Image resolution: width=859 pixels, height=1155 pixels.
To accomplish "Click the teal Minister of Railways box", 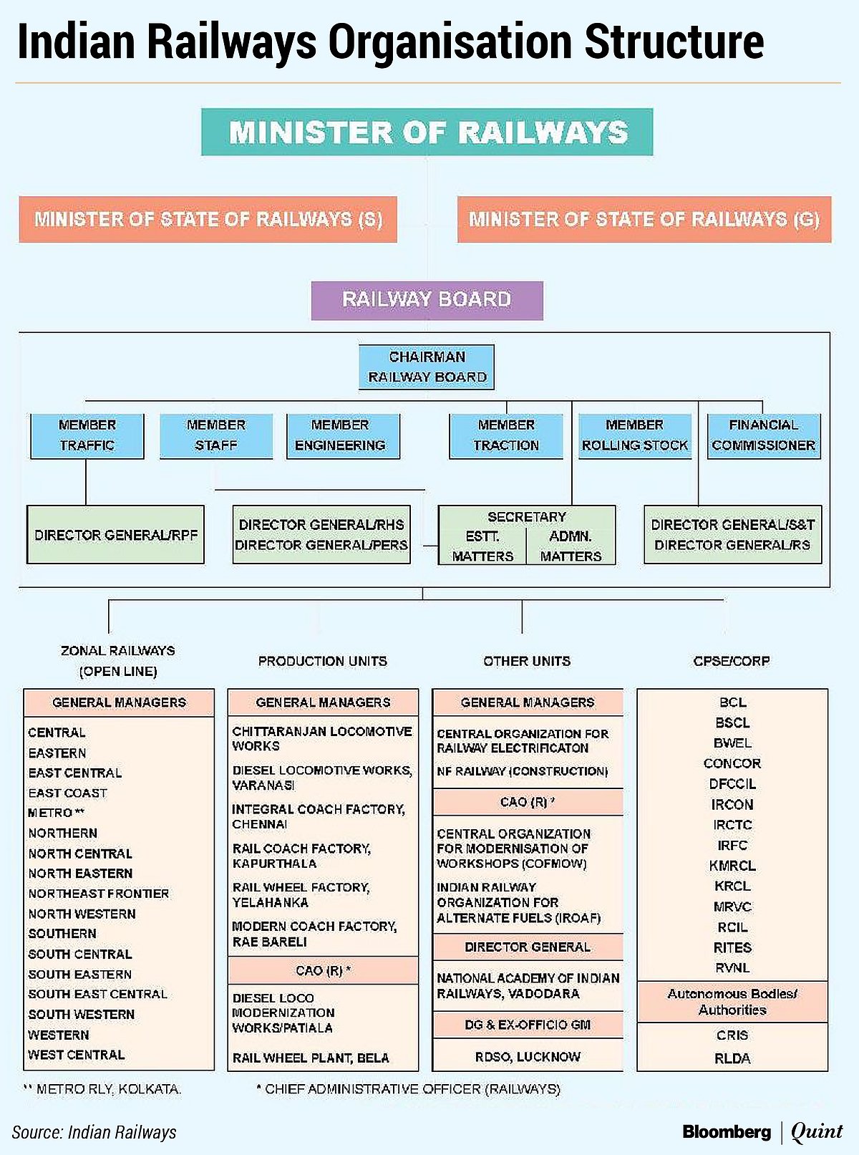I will point(427,132).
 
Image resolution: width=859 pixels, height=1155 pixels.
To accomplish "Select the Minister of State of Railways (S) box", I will point(208,219).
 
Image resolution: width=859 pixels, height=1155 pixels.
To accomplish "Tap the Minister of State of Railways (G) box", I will point(644,219).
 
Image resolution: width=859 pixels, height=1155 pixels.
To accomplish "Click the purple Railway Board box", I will point(427,299).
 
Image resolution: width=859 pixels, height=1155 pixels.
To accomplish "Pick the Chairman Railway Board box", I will point(427,367).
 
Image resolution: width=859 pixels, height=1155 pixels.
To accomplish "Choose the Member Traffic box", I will point(87,435).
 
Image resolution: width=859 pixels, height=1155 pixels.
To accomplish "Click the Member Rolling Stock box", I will point(634,435).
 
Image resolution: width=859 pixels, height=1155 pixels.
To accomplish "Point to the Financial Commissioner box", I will point(763,435).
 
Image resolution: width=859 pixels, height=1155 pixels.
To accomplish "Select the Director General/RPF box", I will point(115,535).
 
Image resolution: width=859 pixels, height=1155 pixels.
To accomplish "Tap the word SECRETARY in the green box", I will point(527,517).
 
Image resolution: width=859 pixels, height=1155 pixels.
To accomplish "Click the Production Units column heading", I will point(322,661).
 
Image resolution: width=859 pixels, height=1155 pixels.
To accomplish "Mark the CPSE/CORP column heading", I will point(732,661).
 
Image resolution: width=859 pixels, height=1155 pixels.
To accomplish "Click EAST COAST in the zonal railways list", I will point(67,793).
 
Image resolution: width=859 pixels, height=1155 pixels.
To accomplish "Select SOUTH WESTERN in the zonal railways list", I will point(81,1015).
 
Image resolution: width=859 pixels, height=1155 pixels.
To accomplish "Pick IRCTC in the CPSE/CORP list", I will point(732,825).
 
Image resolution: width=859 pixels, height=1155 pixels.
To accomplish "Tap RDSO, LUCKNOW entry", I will point(528,1057).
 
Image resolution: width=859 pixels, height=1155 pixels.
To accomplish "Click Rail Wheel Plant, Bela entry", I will point(311,1058).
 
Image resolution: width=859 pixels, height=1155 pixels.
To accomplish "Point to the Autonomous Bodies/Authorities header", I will point(732,1002).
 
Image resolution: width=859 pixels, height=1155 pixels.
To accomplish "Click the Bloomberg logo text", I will point(727,1131).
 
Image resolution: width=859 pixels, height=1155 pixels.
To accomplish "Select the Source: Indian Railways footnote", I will point(94,1132).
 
